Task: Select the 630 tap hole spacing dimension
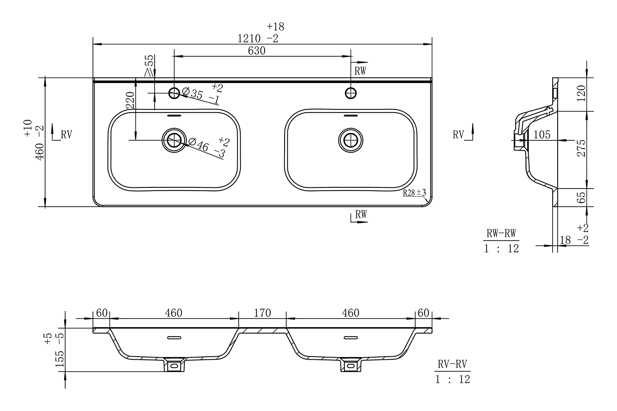tap(256, 51)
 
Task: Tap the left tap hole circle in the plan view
tap(174, 93)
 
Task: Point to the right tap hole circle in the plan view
tap(351, 93)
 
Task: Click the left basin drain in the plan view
tap(174, 140)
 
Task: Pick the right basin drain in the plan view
tap(351, 140)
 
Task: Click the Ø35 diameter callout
tap(202, 94)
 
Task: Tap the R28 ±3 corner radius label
tap(415, 192)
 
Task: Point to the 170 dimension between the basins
tap(262, 313)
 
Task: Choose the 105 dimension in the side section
tap(542, 135)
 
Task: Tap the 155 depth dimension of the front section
tap(59, 359)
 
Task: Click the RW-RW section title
tap(501, 234)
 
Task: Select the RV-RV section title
tap(452, 364)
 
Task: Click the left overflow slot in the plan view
tap(174, 116)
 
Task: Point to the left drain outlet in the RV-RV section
tap(174, 365)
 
